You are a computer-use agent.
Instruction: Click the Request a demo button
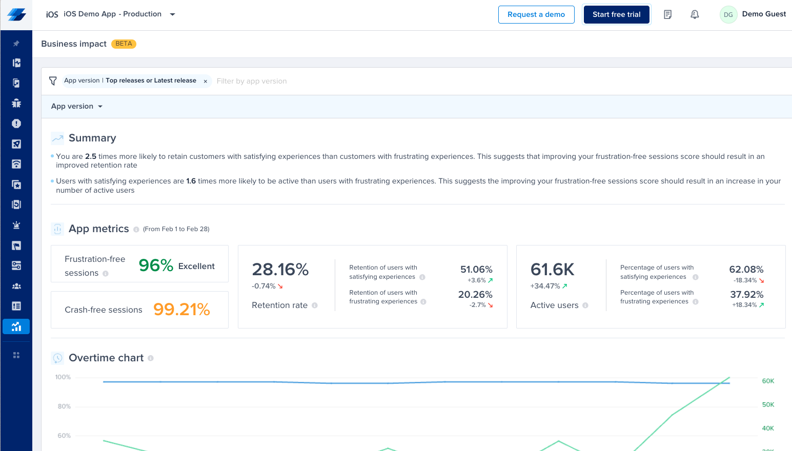point(536,14)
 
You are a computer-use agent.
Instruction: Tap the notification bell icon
point(695,14)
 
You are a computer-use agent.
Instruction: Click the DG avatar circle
point(728,14)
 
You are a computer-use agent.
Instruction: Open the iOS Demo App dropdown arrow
point(173,14)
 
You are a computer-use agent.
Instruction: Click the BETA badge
point(124,44)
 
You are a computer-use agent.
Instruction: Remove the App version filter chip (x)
point(206,81)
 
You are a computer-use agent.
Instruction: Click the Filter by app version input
point(251,81)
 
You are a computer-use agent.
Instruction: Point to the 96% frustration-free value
point(156,265)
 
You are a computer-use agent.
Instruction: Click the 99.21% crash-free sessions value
point(181,310)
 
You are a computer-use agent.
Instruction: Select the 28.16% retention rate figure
point(280,270)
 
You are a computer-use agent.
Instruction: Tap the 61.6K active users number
point(552,270)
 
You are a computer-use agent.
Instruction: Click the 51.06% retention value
point(476,270)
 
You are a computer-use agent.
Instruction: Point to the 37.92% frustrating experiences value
point(747,294)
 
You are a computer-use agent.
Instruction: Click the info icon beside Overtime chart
point(151,358)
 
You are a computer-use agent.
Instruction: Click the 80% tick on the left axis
point(64,406)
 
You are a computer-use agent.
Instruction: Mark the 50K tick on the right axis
point(768,405)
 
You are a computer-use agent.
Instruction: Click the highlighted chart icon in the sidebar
point(16,326)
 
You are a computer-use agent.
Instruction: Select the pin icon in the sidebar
point(16,44)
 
